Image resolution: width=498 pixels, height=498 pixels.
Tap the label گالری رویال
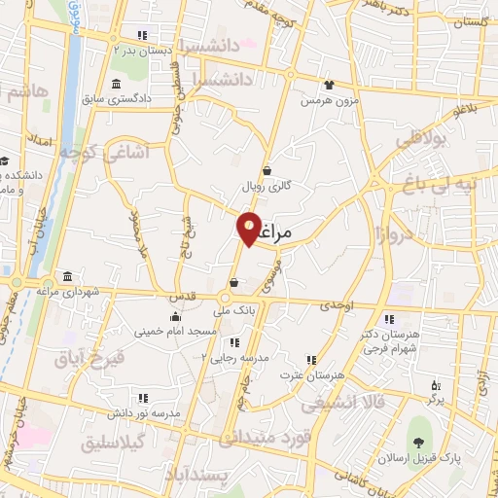click(x=266, y=185)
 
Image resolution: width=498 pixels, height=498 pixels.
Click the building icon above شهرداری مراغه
click(x=67, y=276)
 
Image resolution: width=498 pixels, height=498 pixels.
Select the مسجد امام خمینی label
click(x=175, y=332)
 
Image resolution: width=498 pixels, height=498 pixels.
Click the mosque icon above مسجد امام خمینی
click(x=175, y=317)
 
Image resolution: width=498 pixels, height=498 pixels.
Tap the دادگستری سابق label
click(x=140, y=98)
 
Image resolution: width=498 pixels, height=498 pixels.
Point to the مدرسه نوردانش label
click(x=145, y=413)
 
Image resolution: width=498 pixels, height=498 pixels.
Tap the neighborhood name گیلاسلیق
click(x=115, y=443)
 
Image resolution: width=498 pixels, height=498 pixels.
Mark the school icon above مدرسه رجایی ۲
click(x=234, y=342)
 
